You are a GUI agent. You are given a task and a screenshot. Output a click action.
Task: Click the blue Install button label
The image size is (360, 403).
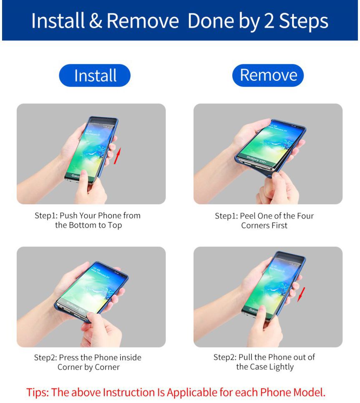point(95,75)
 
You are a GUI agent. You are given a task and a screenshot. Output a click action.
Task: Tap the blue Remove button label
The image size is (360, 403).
point(268,75)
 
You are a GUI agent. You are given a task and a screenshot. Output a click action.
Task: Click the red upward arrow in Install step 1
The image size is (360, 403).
point(117,155)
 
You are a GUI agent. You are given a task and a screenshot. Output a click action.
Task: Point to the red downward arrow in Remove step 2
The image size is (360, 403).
point(301,294)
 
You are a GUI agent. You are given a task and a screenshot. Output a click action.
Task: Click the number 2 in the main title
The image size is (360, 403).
point(269,21)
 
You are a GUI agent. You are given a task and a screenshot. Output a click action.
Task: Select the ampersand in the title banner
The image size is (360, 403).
point(96,21)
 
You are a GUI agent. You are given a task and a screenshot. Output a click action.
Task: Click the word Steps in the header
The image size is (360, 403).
point(304,21)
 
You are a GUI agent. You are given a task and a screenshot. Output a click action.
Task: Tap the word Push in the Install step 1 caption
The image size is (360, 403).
point(68,215)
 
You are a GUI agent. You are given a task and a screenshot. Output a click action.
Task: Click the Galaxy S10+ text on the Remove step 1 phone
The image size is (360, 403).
point(256,160)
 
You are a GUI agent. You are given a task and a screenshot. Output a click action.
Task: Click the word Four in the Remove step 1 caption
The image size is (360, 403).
point(306,216)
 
